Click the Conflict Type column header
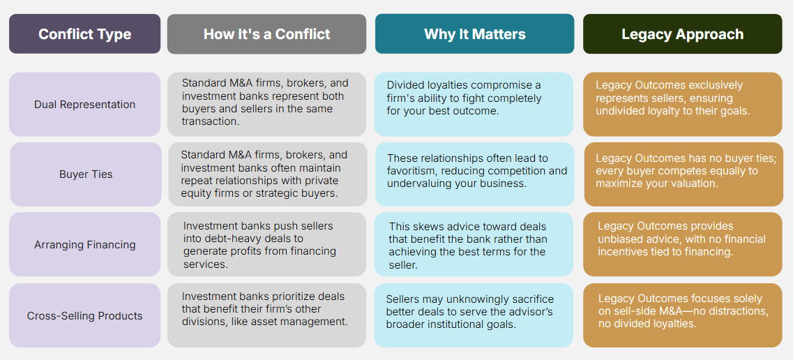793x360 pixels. click(x=84, y=34)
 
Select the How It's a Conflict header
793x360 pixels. click(x=266, y=34)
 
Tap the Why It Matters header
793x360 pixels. click(x=474, y=34)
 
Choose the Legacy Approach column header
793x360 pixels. click(x=682, y=34)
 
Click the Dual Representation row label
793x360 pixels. click(x=84, y=104)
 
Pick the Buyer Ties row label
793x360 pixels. click(x=86, y=174)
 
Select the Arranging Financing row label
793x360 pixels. click(x=84, y=245)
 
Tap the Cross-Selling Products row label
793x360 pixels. click(x=84, y=315)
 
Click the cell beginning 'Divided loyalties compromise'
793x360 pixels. click(x=474, y=104)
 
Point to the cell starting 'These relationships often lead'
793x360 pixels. click(x=475, y=174)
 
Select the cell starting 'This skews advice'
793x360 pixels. click(x=474, y=245)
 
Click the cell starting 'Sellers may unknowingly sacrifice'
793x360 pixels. click(x=474, y=315)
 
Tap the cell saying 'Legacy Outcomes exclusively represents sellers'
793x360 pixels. click(x=682, y=104)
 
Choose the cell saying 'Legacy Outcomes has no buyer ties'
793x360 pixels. click(x=684, y=174)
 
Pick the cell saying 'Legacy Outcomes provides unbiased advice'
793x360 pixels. click(x=682, y=245)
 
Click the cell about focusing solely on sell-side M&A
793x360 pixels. click(x=682, y=315)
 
